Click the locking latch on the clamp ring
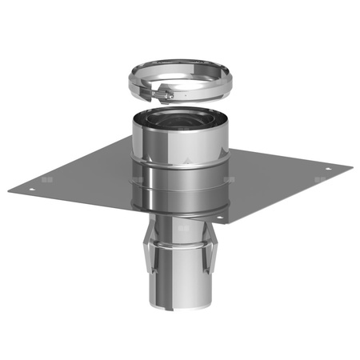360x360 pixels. (x=164, y=96)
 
